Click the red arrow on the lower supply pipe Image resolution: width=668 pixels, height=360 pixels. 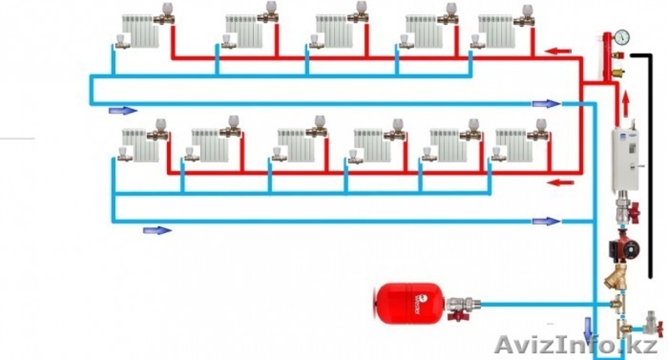(556, 180)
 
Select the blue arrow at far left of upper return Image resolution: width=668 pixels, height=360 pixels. (123, 109)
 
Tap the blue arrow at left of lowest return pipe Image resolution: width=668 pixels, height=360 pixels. (156, 230)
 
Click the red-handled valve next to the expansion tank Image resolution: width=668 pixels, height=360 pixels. (458, 317)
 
